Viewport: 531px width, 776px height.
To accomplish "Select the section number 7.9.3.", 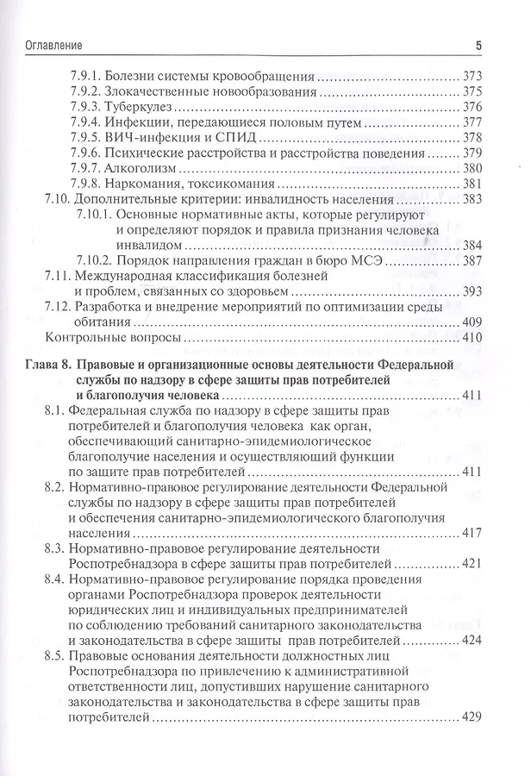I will click(85, 107).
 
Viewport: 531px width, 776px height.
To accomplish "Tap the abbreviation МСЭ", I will click(365, 260).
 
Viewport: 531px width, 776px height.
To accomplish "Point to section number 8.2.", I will click(53, 487).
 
